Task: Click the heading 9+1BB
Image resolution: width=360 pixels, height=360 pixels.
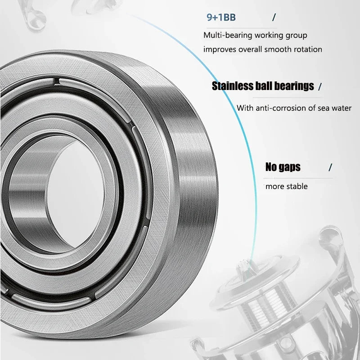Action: (x=221, y=18)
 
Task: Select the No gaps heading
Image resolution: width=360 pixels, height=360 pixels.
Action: (x=283, y=167)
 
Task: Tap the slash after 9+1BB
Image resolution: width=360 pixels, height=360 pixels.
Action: (x=274, y=18)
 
